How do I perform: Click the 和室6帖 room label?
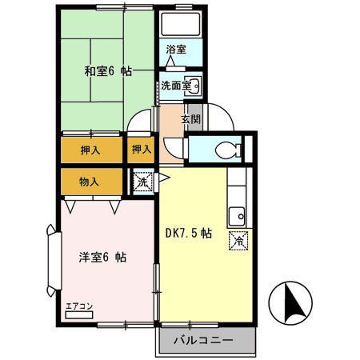tap(108, 70)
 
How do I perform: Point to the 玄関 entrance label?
tap(190, 120)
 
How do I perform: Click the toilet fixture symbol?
tap(227, 149)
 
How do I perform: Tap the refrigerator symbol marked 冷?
tap(238, 240)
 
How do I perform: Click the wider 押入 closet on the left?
tap(90, 149)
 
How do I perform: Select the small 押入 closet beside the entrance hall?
tap(141, 149)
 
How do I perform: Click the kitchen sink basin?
tap(237, 214)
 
